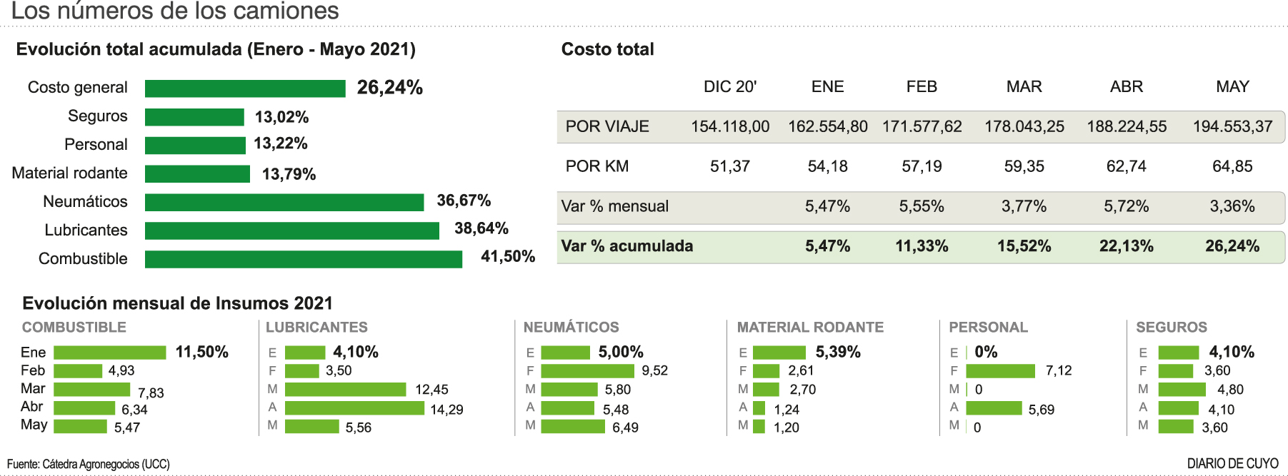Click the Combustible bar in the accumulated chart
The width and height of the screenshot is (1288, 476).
(303, 259)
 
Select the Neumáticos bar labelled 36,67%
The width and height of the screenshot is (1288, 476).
(284, 203)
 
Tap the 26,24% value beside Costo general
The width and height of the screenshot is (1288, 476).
(389, 88)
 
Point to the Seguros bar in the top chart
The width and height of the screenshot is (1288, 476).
(194, 117)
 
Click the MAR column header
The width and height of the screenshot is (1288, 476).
(1024, 87)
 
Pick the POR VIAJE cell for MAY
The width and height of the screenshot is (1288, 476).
(1232, 127)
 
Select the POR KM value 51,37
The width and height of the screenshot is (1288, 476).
(729, 166)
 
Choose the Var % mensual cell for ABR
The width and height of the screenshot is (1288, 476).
(1126, 206)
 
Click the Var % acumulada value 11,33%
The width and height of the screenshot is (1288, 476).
(922, 246)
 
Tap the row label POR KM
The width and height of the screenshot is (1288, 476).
(596, 166)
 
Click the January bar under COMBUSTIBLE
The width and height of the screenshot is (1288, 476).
(109, 353)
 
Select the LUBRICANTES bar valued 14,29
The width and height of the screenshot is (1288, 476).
(354, 408)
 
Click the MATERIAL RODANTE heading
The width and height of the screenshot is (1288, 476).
(810, 328)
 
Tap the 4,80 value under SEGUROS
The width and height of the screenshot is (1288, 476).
(1230, 390)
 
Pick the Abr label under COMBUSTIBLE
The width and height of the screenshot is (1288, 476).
(31, 407)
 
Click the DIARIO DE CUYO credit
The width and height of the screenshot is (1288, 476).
(1232, 464)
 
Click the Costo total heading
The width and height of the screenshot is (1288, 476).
(607, 49)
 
